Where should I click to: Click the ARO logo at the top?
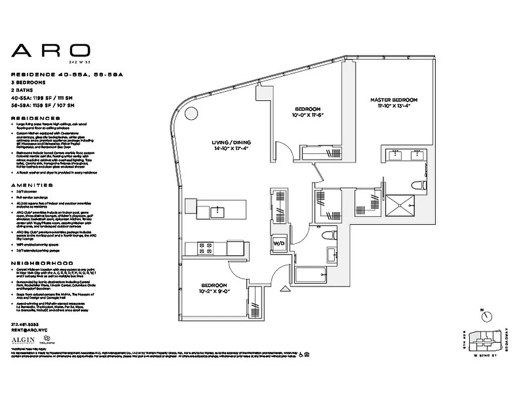pos(51,50)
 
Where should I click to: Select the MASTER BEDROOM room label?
pos(394,100)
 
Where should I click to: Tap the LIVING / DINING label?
pos(231,142)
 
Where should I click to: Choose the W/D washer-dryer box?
pos(279,244)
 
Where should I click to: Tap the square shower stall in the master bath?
pos(400,203)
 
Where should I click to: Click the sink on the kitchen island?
pos(217,212)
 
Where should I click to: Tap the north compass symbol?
pos(486,316)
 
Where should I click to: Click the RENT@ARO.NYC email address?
pos(29,331)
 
